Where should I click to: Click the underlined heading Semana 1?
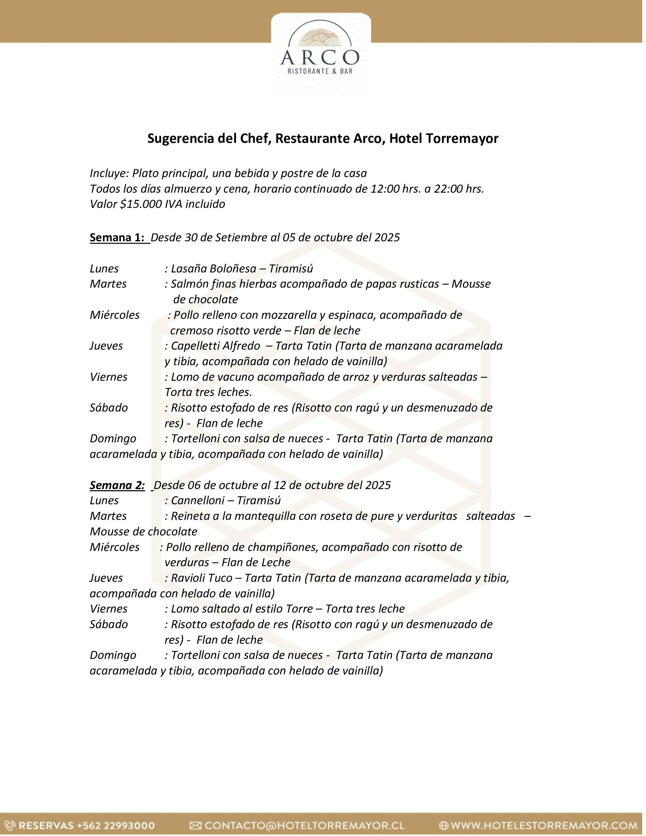click(x=117, y=238)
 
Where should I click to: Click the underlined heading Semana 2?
click(x=117, y=485)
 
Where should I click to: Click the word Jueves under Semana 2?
click(x=106, y=578)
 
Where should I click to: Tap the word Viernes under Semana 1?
click(x=109, y=377)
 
